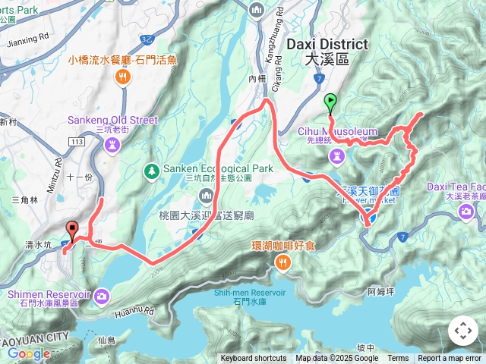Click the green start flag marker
[x=330, y=101]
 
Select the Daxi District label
[x=327, y=45]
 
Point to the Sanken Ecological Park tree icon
[x=152, y=169]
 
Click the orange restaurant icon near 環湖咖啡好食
[x=282, y=262]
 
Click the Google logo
[x=29, y=353]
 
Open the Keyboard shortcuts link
[x=254, y=359]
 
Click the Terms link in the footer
[x=398, y=359]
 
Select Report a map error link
[x=450, y=359]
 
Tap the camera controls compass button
[x=463, y=331]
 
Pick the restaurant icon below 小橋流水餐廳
[x=122, y=77]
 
